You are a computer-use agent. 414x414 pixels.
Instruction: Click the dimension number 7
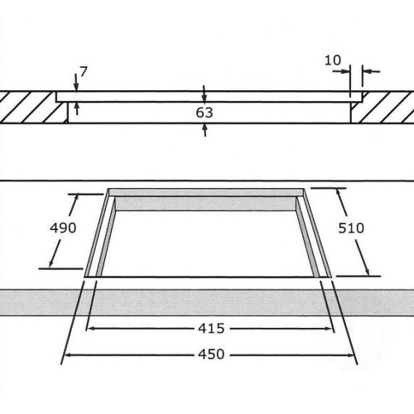(84, 72)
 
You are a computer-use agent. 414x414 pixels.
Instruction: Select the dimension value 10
(333, 60)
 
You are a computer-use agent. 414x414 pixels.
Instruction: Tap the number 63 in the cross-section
(205, 113)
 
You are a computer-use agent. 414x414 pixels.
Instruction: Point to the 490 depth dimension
(63, 228)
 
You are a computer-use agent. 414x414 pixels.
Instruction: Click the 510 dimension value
(351, 228)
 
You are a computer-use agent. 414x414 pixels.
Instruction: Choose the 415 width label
(211, 329)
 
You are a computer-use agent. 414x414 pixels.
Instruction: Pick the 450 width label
(211, 354)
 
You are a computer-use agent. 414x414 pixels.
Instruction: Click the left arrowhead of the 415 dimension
(90, 329)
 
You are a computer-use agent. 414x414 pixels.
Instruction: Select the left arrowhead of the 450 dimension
(68, 354)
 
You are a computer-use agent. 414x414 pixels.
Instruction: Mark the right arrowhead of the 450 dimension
(350, 355)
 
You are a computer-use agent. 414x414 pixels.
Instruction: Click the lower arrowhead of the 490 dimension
(51, 263)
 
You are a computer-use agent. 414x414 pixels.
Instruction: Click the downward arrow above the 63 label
(204, 94)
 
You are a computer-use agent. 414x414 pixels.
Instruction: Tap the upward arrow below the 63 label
(205, 130)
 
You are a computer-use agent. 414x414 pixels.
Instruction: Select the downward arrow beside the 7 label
(76, 82)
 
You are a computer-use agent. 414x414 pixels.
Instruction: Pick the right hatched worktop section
(383, 108)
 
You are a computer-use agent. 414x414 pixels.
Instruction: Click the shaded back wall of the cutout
(206, 204)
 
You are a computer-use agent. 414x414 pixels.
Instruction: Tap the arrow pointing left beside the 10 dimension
(371, 71)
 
